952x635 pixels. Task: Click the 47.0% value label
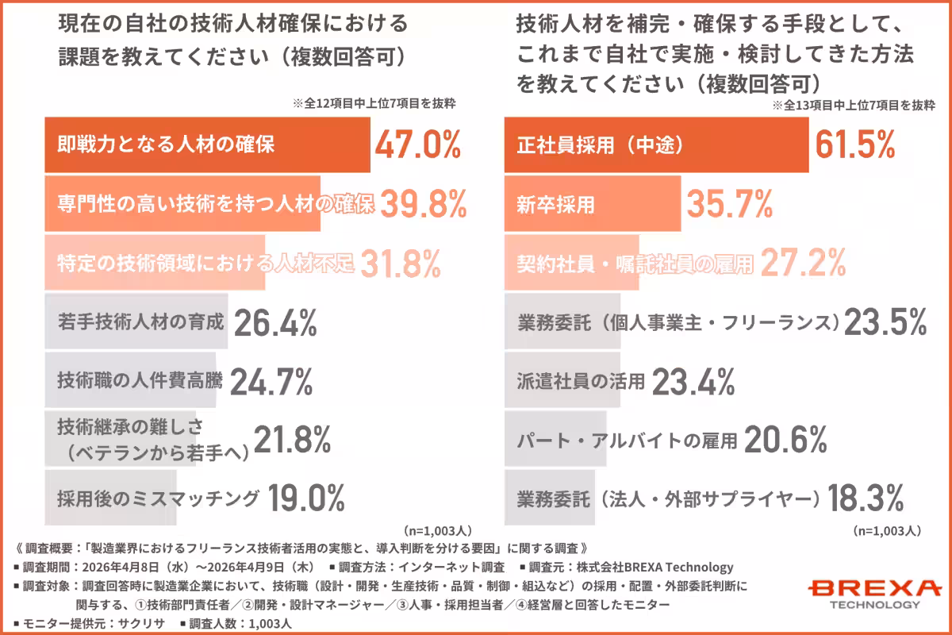click(x=417, y=145)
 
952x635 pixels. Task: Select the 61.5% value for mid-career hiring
click(x=855, y=145)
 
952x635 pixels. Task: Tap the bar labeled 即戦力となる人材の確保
click(x=207, y=145)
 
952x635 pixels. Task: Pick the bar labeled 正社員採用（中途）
click(x=656, y=145)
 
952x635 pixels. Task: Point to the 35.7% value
click(x=729, y=205)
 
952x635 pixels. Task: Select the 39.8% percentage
click(x=423, y=205)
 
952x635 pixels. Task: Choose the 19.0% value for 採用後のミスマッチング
click(x=306, y=498)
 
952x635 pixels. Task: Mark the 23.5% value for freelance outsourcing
click(x=885, y=323)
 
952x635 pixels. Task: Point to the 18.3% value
click(x=866, y=498)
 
